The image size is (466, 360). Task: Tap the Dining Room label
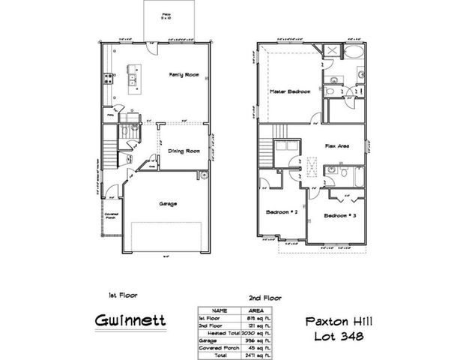(x=182, y=151)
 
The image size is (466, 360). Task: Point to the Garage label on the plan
(x=167, y=203)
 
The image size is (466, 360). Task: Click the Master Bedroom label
(x=290, y=92)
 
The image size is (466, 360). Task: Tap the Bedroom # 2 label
(x=282, y=212)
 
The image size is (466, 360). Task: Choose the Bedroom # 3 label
(x=339, y=216)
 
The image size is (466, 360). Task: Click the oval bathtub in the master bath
(x=354, y=52)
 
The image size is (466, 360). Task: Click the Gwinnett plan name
(x=130, y=321)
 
